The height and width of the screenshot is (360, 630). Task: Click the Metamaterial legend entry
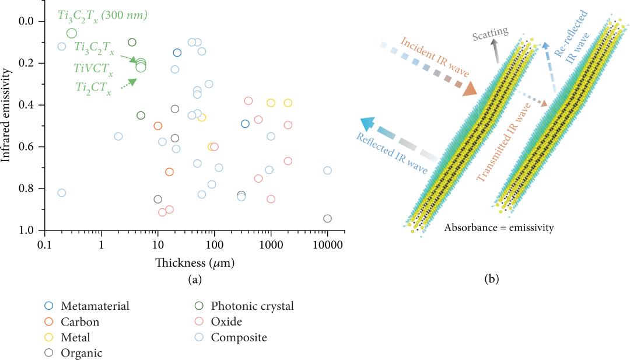(x=94, y=306)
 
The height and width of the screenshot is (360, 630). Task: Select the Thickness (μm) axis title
(x=195, y=263)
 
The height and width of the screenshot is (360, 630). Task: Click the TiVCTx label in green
(x=93, y=68)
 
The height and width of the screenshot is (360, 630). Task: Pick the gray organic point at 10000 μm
(x=327, y=219)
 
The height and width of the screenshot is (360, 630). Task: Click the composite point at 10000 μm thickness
(x=327, y=170)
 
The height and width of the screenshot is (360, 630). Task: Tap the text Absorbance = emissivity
(x=499, y=228)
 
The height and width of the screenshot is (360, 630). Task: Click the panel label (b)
(x=491, y=279)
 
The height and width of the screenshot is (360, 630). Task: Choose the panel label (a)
(x=195, y=279)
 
